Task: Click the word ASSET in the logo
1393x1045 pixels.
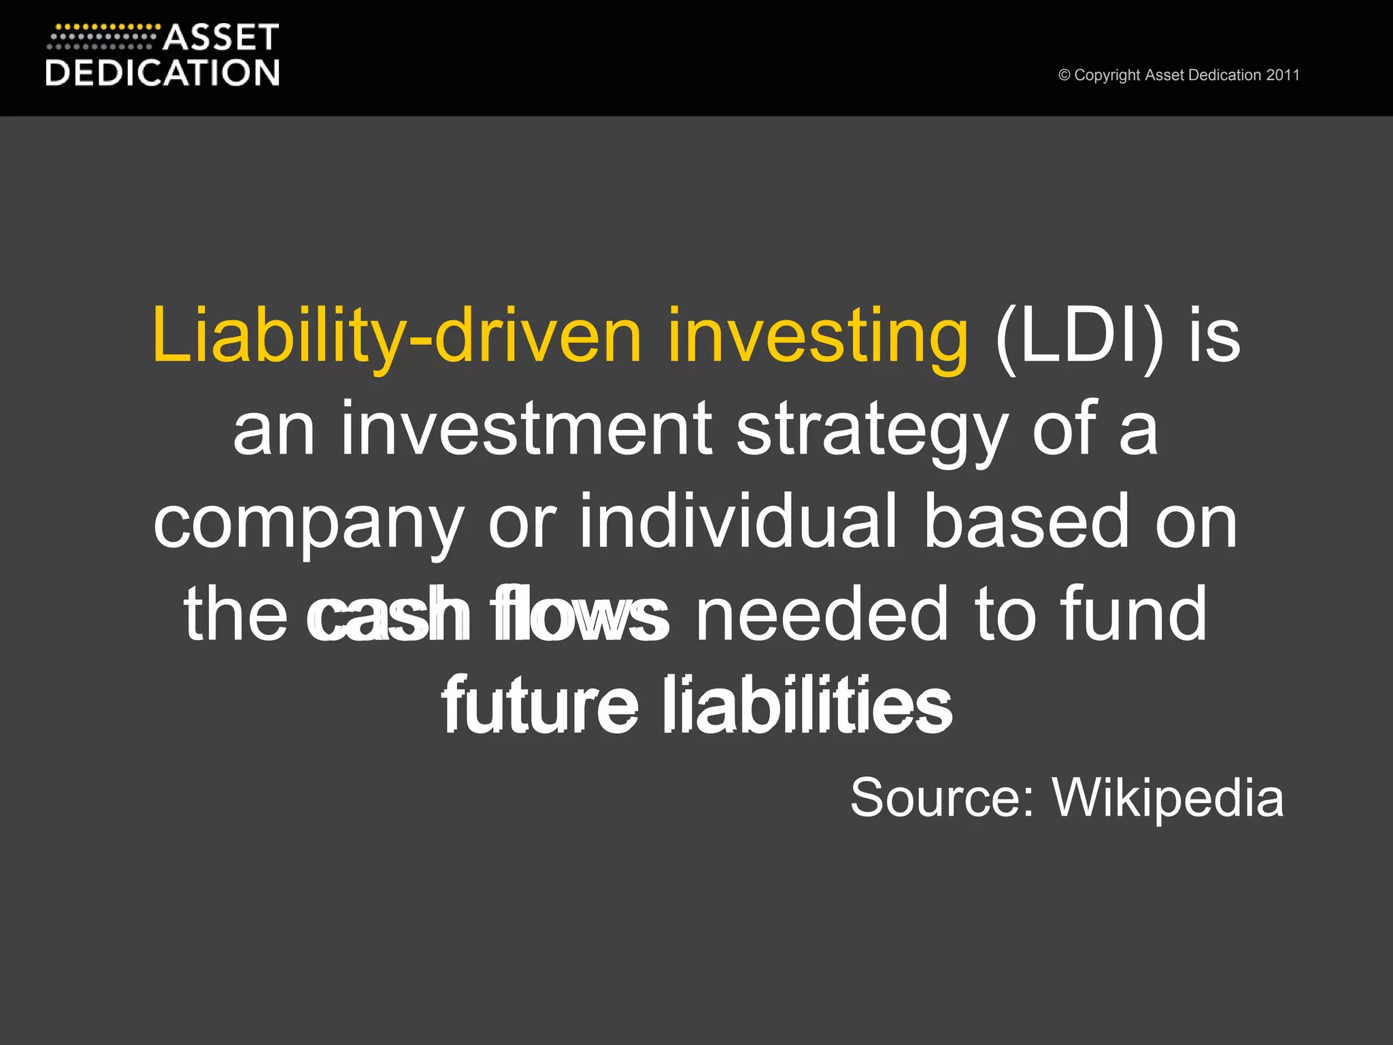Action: click(221, 38)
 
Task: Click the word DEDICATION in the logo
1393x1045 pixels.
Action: click(163, 73)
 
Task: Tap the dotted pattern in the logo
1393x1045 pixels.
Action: click(102, 37)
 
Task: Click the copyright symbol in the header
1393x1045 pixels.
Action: click(1064, 76)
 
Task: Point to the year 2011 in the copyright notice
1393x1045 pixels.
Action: click(1283, 75)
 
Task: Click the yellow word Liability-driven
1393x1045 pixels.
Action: click(397, 336)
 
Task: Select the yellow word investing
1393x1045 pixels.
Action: click(818, 336)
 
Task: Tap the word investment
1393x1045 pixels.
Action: click(526, 429)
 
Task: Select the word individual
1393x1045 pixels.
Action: click(738, 522)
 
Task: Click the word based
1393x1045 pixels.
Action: click(1025, 522)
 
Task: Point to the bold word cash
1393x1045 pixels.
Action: click(388, 614)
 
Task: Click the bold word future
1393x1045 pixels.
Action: click(541, 705)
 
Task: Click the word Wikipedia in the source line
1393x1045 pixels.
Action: click(1168, 799)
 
